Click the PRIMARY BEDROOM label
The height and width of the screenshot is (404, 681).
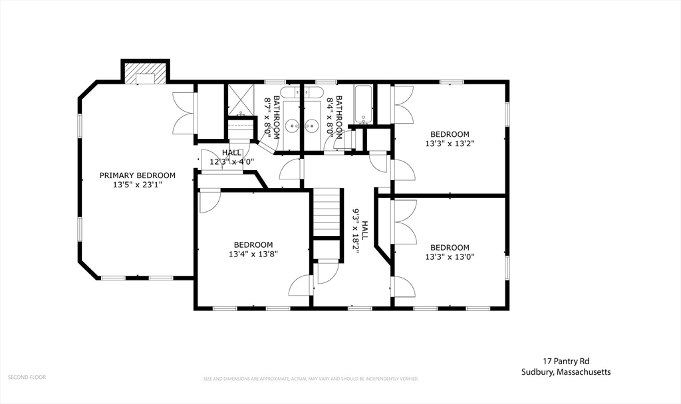click(138, 175)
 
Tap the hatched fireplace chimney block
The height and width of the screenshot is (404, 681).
click(145, 71)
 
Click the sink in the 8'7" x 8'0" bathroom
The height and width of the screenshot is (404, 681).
click(292, 126)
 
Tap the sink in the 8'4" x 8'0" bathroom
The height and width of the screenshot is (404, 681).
click(311, 126)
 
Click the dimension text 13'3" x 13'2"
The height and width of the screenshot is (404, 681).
click(450, 143)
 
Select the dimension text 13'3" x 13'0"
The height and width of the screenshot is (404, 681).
click(450, 256)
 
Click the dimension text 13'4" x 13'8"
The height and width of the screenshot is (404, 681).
click(253, 254)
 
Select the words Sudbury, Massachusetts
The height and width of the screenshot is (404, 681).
click(567, 372)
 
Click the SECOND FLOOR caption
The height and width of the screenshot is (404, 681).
click(27, 377)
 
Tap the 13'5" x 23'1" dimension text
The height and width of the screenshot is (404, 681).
click(138, 185)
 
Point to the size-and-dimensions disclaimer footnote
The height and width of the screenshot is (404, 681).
click(311, 379)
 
